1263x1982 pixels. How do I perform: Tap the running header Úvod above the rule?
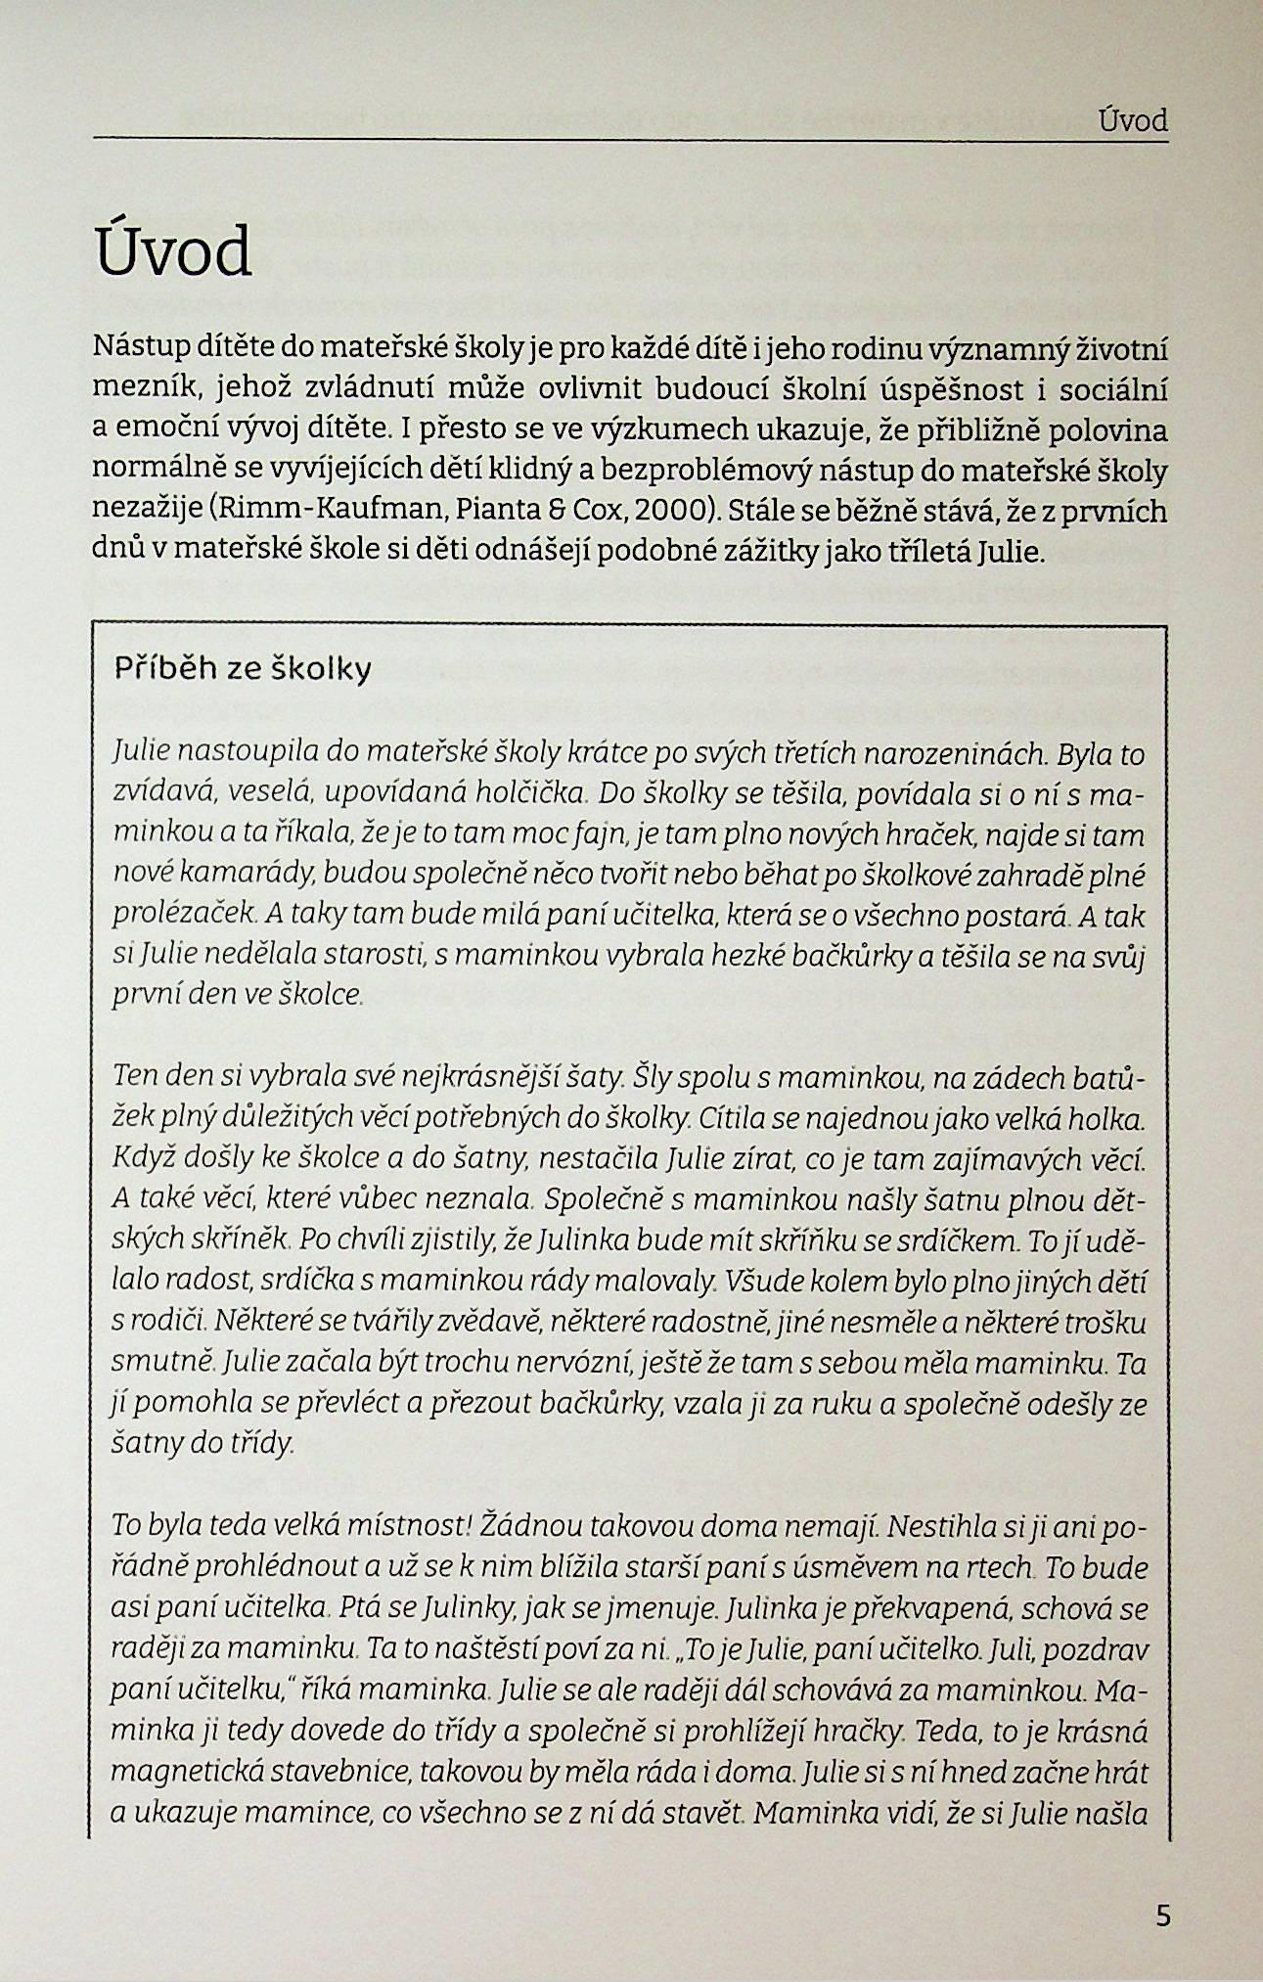(1133, 121)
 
